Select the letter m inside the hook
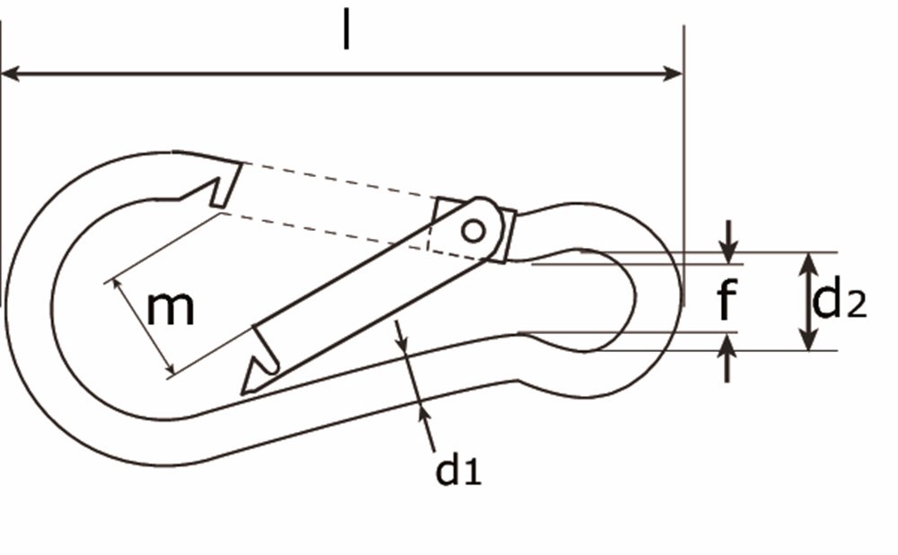click(171, 308)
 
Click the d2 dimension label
click(839, 302)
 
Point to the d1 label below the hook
click(458, 471)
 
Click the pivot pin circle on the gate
click(472, 231)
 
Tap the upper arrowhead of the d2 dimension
click(809, 262)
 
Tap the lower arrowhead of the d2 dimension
click(809, 340)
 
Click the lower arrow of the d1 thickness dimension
click(423, 410)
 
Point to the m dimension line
click(141, 327)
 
